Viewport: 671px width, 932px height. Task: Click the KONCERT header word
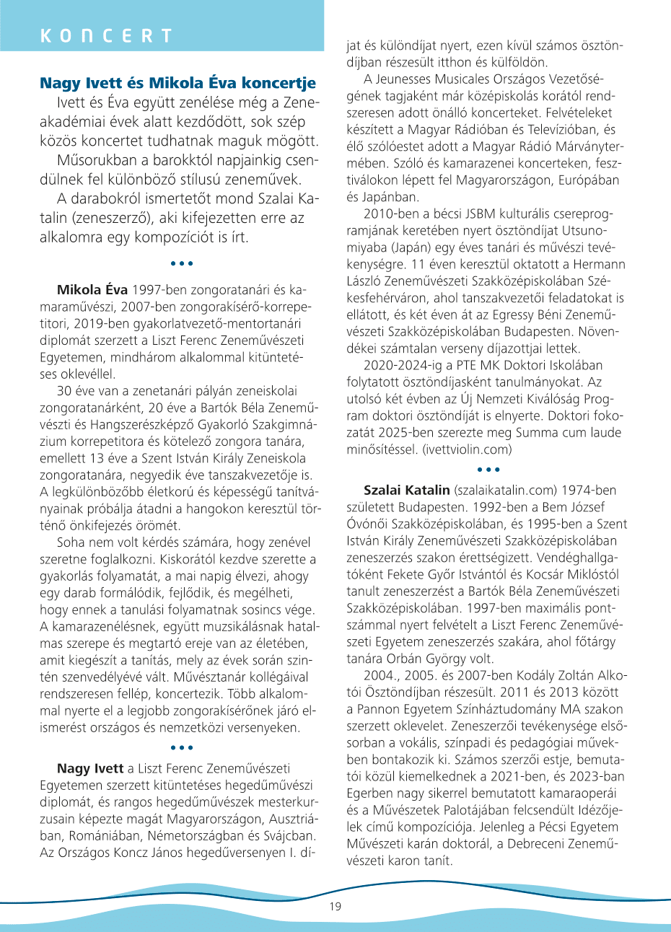coord(106,36)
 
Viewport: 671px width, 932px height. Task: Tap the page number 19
coord(336,907)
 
